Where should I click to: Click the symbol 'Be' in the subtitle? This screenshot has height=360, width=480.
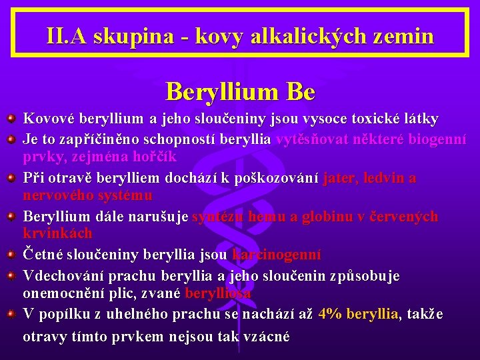click(x=299, y=91)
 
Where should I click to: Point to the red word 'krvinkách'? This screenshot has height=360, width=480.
click(x=57, y=234)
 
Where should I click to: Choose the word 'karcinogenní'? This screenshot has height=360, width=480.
click(x=277, y=255)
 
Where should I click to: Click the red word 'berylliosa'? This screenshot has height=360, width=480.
click(x=218, y=293)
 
